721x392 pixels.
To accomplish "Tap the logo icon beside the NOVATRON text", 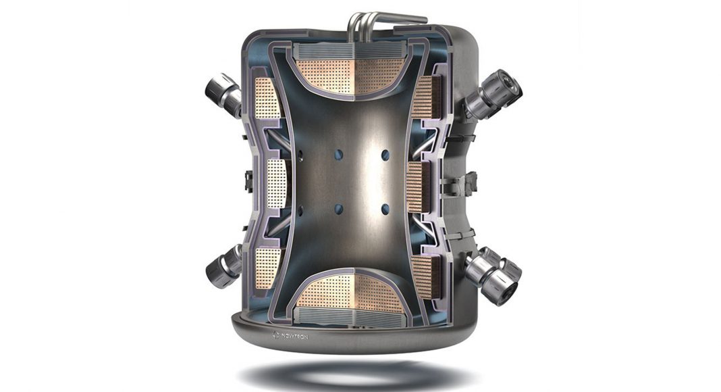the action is click(x=276, y=335).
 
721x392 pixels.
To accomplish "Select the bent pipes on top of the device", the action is click(x=381, y=22).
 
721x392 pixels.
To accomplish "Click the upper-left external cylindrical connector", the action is click(x=223, y=95).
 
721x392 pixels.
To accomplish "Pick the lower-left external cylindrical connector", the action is click(x=223, y=267).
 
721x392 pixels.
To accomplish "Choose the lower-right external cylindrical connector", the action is click(x=492, y=274).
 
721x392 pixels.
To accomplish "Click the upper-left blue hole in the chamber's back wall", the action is click(x=339, y=153).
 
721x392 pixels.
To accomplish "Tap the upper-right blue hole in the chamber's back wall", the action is click(x=385, y=155).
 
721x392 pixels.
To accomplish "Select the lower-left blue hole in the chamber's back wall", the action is click(x=339, y=210).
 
